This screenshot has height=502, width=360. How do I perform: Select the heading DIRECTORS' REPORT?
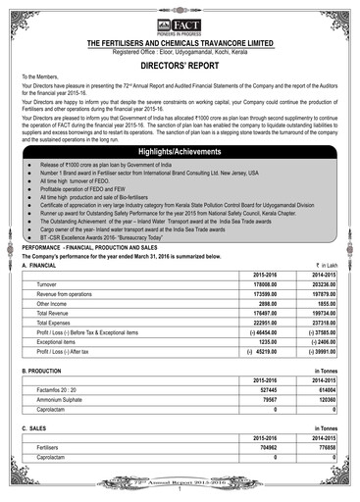[180, 62]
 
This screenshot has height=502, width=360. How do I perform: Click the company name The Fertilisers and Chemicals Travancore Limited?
[180, 43]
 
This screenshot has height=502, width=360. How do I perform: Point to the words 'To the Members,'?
[40, 75]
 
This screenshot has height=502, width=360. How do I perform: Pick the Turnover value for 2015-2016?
[266, 284]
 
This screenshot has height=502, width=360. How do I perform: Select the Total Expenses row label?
[54, 322]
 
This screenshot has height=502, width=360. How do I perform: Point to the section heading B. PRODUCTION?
[43, 371]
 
